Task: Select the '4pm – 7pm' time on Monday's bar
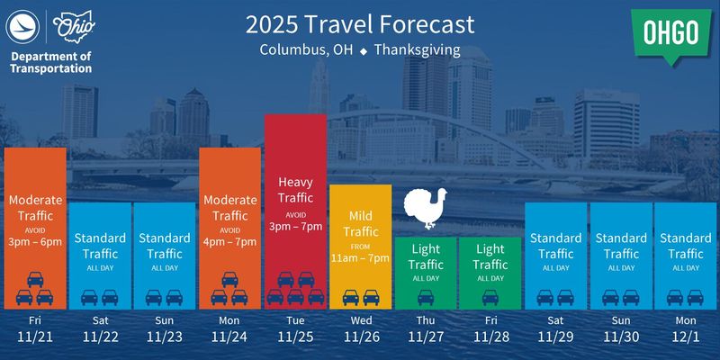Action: point(230,242)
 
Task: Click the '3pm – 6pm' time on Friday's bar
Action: point(36,242)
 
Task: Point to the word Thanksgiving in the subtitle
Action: point(416,49)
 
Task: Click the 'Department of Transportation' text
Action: point(51,62)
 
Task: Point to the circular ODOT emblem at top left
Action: point(23,28)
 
